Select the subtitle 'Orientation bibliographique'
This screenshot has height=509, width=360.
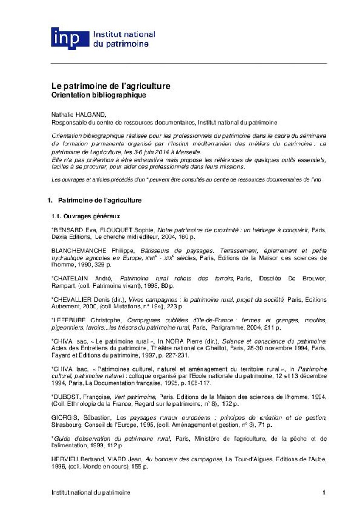[x=98, y=95]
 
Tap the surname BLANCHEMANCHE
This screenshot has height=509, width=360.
[x=79, y=251]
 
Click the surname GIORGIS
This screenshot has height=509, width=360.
[x=63, y=418]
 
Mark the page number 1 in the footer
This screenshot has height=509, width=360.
[x=324, y=492]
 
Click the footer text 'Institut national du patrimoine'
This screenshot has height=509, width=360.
[x=91, y=492]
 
